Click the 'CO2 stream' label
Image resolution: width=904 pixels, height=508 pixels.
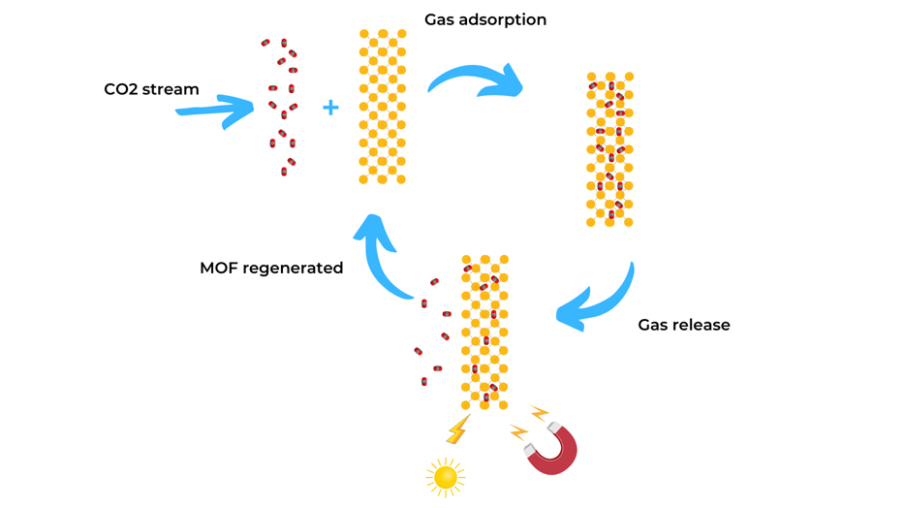tap(151, 89)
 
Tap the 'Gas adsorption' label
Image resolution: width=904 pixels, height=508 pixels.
tap(484, 19)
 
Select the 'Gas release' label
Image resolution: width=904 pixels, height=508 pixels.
tap(683, 325)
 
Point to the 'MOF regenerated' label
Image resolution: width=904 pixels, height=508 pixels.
tap(271, 269)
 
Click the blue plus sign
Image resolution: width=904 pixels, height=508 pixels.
tap(330, 108)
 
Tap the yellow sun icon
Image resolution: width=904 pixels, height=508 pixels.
tap(445, 477)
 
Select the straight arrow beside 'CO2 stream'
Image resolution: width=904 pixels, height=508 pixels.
tap(215, 111)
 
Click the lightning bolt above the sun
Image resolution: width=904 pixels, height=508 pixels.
tap(457, 429)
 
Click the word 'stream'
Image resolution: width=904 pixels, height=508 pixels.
tap(172, 89)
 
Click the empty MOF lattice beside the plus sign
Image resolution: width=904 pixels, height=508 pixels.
tap(382, 107)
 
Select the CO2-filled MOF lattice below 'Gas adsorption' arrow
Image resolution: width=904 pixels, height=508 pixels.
tap(609, 149)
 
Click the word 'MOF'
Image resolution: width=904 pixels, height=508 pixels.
tap(218, 269)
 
